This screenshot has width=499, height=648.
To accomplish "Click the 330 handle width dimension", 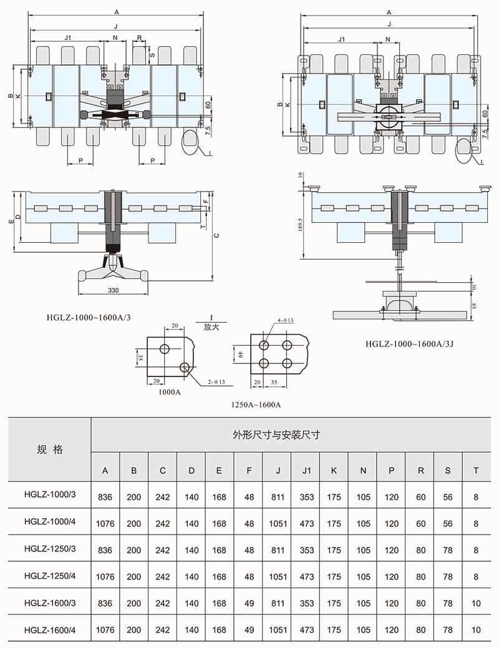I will pos(113,290).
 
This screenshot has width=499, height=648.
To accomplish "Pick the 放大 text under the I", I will pos(212,326).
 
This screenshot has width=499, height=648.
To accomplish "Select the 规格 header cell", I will pos(50,449).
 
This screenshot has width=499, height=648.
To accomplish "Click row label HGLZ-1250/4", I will pos(50,577).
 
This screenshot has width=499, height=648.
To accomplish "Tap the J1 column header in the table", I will pos(306,470).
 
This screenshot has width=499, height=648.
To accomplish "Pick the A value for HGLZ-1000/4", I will pos(105,523).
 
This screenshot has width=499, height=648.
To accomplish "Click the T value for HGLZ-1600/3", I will pos(476,604).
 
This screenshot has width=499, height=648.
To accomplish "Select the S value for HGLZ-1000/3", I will pos(447,497).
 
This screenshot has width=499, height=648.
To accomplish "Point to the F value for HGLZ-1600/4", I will pos(249,631).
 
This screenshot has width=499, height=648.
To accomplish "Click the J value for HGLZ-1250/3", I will pos(278,550).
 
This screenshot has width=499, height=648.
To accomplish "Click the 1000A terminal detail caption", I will pos(168,393).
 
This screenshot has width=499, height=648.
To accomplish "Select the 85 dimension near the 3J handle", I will pos(474,306).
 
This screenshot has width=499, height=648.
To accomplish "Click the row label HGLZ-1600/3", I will pos(50,604).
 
